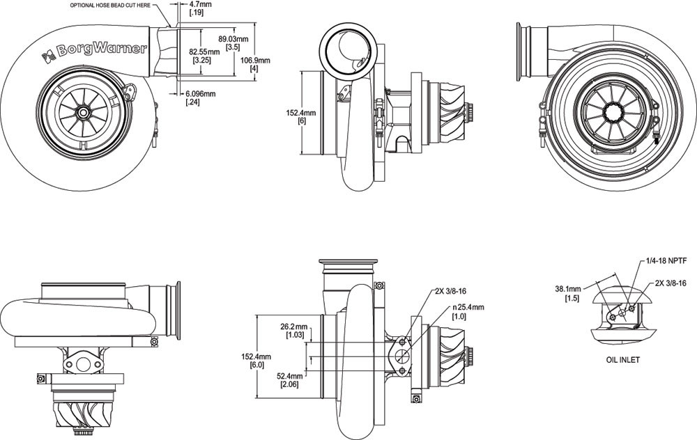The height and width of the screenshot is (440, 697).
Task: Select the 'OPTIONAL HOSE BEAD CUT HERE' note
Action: [x=110, y=6]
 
